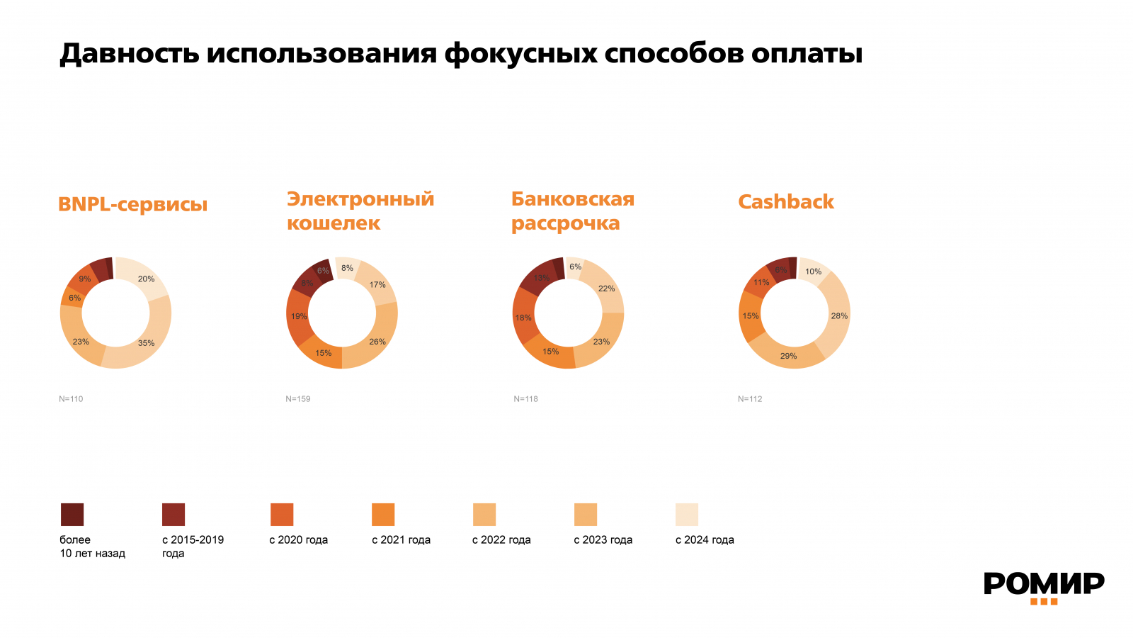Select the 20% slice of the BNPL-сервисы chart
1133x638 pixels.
click(x=146, y=279)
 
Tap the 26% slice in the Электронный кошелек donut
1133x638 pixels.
click(x=377, y=342)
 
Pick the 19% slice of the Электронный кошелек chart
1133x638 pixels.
click(x=298, y=316)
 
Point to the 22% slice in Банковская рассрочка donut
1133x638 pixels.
click(x=606, y=289)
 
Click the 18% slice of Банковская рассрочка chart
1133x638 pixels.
click(x=523, y=318)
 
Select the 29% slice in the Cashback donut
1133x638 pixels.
click(x=788, y=356)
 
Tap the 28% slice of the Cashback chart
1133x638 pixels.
click(x=839, y=316)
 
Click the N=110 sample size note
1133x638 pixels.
click(x=71, y=399)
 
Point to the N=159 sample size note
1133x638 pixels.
click(x=298, y=399)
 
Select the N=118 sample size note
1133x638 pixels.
click(x=526, y=399)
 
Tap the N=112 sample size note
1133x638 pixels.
click(x=750, y=399)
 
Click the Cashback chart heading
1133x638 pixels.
click(x=786, y=202)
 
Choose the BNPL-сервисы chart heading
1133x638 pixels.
click(x=133, y=205)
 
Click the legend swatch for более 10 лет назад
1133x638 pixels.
click(x=72, y=515)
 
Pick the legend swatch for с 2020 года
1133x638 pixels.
click(x=282, y=515)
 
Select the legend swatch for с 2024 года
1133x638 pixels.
click(x=687, y=515)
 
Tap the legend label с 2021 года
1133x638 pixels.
click(x=401, y=540)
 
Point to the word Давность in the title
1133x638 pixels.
click(x=130, y=54)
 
